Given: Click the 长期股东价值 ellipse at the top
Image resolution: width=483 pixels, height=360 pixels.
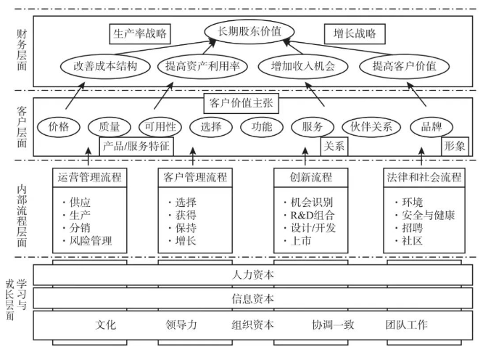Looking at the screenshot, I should pos(249,30).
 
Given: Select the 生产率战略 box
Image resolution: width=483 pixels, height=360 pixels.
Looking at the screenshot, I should pos(141,34).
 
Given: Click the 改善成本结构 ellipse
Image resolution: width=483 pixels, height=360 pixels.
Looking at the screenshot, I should pos(106,65).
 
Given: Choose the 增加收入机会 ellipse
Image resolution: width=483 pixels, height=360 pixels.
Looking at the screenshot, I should pos(297,65).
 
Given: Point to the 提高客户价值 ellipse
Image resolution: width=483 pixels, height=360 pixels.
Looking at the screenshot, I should pos(405,65).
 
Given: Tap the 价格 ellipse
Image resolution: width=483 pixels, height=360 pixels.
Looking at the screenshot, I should pos(58,126).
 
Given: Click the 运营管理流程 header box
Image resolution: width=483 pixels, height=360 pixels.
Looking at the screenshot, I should pos(88,176).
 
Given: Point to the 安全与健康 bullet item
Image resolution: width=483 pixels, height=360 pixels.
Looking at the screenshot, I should pos(425,214).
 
